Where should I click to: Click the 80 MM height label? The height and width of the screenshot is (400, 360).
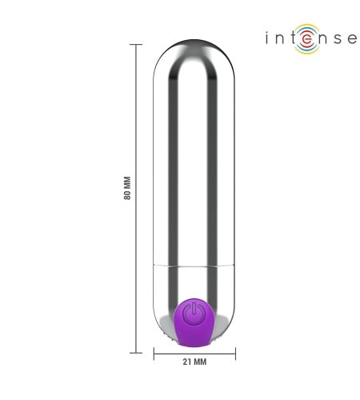point(127,188)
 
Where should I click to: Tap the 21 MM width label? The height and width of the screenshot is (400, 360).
point(194,362)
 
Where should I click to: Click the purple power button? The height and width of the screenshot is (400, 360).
point(194,322)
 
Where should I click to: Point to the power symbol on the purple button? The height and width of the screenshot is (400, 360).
point(194,313)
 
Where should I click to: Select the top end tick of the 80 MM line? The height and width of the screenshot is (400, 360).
point(136,44)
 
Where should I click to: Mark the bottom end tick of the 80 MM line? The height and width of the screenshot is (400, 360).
point(136,353)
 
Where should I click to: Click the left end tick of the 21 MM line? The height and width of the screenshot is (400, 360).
point(154,354)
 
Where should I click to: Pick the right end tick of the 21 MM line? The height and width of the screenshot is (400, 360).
point(235,354)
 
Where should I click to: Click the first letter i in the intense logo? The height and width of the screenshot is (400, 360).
point(266,38)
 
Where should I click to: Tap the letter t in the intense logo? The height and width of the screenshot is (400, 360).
point(291,38)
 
